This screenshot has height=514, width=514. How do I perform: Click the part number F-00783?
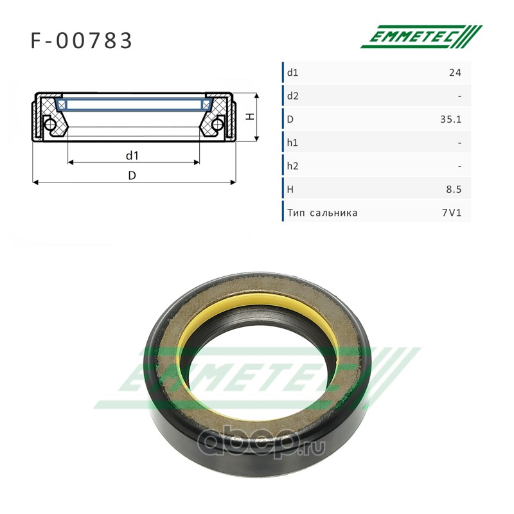81,40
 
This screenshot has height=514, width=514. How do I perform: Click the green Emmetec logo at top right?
421,37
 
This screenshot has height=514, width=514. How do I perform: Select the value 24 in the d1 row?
455,73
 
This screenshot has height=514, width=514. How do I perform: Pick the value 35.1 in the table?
451,120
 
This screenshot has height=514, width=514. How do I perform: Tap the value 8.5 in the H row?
454,190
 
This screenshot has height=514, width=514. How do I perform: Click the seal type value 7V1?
452,213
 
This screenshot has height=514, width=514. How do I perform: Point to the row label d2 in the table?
293,96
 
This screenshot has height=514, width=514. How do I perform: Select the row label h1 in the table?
292,143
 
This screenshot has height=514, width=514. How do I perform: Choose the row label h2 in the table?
293,166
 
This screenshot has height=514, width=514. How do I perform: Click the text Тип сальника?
323,213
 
